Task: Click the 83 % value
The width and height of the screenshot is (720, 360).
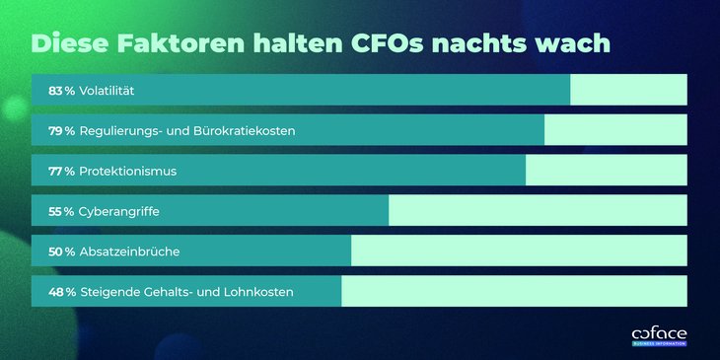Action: click(61, 91)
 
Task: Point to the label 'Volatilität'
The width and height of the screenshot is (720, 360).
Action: click(107, 91)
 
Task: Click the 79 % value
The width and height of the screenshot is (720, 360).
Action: click(61, 130)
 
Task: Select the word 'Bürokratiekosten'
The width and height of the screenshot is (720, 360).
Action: click(243, 130)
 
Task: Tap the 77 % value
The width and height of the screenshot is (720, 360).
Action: click(61, 171)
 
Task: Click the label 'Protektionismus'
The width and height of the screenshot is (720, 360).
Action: click(127, 171)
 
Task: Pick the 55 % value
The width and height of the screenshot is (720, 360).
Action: click(61, 211)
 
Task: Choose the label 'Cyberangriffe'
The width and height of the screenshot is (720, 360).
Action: click(119, 211)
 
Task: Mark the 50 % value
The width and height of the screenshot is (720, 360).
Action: click(61, 252)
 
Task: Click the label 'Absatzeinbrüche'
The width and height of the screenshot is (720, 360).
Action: click(129, 252)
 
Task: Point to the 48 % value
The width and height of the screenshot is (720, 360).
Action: click(61, 292)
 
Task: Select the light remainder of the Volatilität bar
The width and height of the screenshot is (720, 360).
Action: click(628, 90)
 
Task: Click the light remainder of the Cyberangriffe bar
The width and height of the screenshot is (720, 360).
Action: click(538, 210)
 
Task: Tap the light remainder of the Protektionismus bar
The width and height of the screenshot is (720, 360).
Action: click(606, 170)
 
